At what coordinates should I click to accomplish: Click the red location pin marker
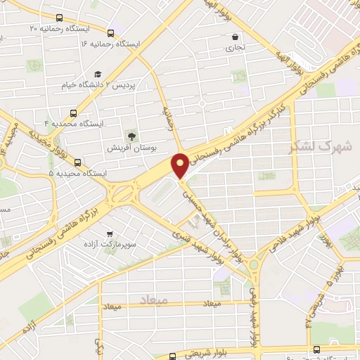coord(181,165)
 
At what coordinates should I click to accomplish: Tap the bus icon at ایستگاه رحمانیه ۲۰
coord(59,18)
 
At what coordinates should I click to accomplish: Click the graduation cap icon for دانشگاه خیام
coord(98,75)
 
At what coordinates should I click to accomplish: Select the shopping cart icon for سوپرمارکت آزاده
coord(109,233)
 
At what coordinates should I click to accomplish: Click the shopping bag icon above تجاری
coord(235,37)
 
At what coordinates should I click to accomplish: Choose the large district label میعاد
coord(154,300)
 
